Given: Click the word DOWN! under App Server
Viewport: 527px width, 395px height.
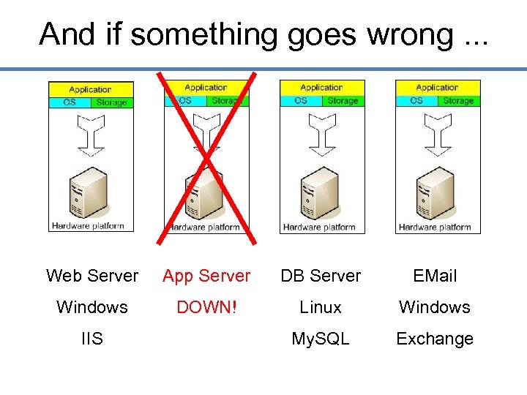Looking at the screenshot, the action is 206,307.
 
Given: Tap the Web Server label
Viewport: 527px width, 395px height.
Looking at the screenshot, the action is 92,276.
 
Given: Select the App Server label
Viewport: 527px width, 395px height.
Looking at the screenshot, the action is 206,276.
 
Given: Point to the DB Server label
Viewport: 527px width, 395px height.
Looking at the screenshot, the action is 321,276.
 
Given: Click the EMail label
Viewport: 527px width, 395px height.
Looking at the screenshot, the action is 435,276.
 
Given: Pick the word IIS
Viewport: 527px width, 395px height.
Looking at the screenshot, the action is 92,339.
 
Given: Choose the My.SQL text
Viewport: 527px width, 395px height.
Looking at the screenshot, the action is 321,339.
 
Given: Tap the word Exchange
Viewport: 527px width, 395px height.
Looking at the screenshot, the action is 435,339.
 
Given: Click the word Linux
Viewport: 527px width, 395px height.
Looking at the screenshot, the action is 321,307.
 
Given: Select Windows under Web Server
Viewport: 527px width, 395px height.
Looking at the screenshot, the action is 92,307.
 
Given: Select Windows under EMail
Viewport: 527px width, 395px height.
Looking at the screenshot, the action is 435,307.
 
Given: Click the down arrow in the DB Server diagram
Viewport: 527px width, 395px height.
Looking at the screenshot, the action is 321,132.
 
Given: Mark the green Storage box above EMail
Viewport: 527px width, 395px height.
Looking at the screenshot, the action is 458,100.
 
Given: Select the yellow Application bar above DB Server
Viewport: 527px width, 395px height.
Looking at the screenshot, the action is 321,88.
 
